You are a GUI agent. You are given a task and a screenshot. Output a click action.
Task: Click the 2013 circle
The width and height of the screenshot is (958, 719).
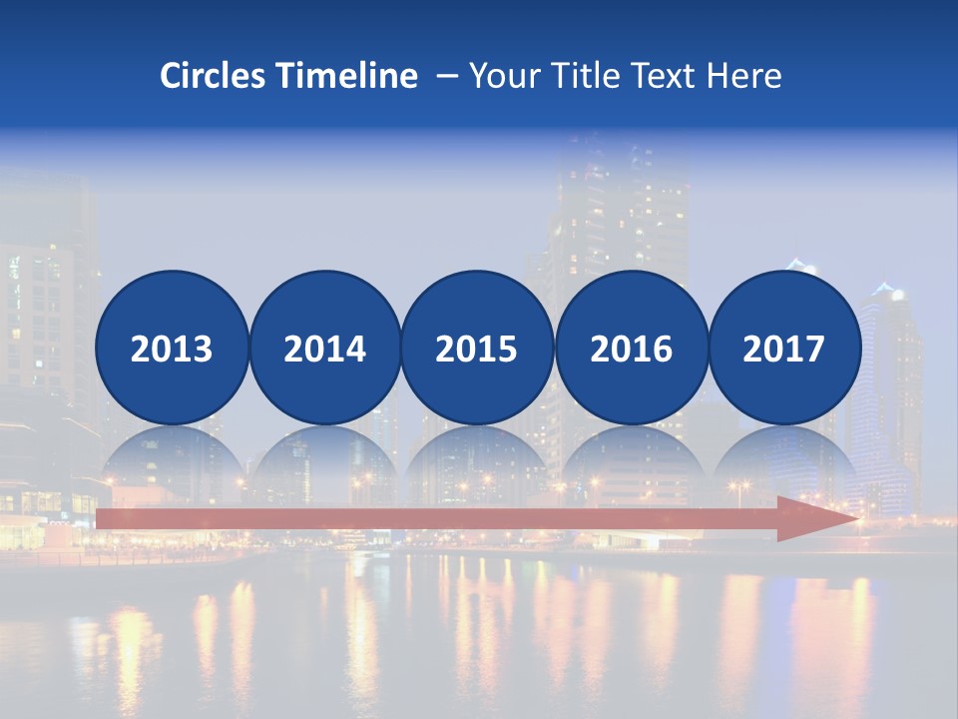coord(172,348)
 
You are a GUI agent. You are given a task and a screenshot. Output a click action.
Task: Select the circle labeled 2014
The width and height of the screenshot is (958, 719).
coord(325,348)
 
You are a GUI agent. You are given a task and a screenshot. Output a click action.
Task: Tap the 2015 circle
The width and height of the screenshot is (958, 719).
coord(477,348)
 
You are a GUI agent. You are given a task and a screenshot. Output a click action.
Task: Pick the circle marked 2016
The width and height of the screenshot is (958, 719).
coord(631,348)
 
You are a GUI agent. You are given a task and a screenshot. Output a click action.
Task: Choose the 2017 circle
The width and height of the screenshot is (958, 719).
coord(784,348)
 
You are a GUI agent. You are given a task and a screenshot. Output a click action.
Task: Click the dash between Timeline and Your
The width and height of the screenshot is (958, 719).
coord(446,76)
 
